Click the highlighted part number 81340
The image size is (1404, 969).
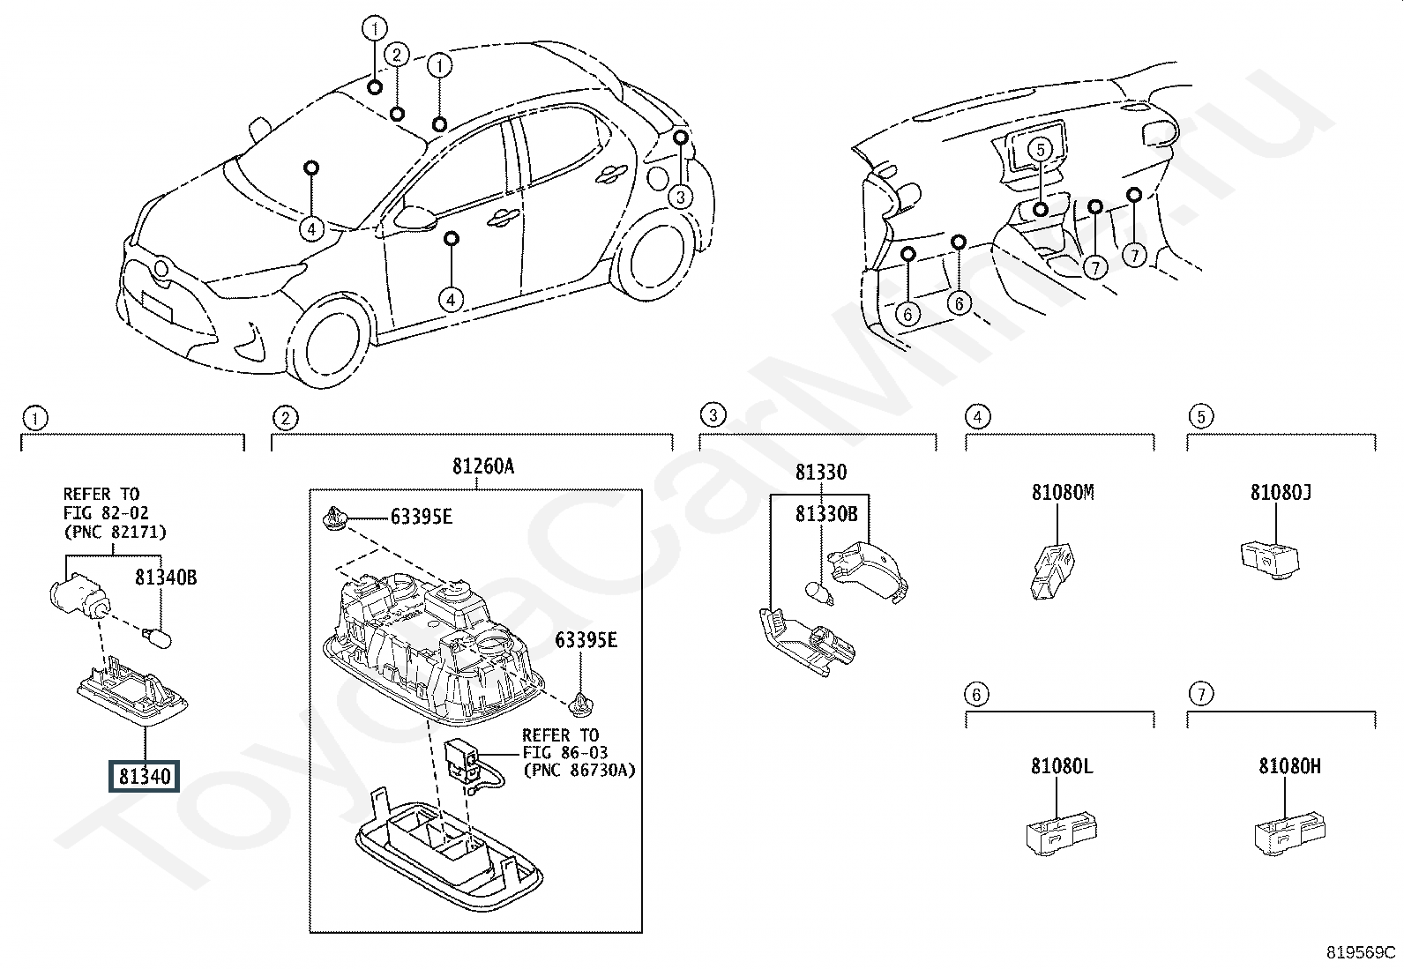145,777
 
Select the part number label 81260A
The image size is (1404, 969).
482,467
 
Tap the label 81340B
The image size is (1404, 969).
165,578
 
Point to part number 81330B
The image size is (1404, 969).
826,514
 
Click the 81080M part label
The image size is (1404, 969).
1063,493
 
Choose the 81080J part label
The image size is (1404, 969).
1281,493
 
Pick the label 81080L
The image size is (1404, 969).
1062,767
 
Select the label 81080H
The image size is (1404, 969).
1289,767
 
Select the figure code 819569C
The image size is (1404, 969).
1360,953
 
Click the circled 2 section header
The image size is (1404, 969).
284,418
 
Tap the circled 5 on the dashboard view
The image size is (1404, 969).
1041,150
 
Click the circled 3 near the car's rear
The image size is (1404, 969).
680,197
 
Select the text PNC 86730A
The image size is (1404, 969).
579,770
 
